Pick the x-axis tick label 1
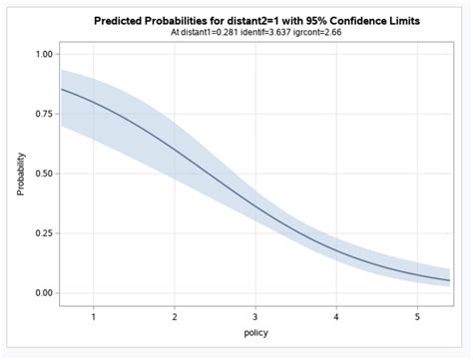[93, 317]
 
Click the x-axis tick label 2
[174, 317]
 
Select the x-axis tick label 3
[255, 317]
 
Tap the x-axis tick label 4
[336, 317]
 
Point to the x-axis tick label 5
[417, 317]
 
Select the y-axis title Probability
[20, 173]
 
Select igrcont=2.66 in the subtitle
[323, 32]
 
